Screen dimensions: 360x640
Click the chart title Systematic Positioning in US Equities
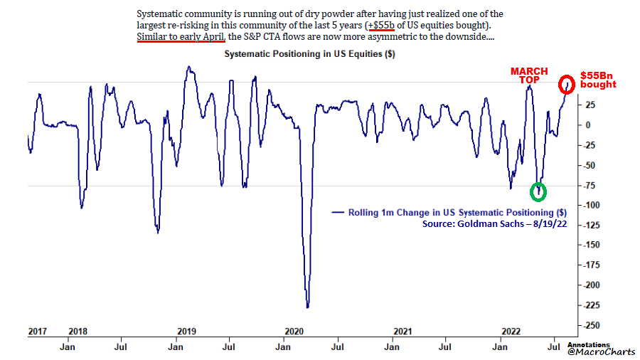tap(310, 54)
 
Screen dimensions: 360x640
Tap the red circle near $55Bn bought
tap(567, 84)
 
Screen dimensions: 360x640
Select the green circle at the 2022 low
tap(539, 191)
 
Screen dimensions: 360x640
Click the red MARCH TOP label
tap(529, 76)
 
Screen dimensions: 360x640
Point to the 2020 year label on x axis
tap(294, 332)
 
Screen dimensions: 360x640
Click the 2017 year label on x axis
tap(38, 332)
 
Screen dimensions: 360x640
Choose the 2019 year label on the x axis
tap(186, 332)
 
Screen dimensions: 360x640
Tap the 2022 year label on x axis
tap(510, 332)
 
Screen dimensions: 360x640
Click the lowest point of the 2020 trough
tap(307, 307)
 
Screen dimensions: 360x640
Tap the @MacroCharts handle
tap(599, 351)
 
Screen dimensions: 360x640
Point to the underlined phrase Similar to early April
tap(181, 36)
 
